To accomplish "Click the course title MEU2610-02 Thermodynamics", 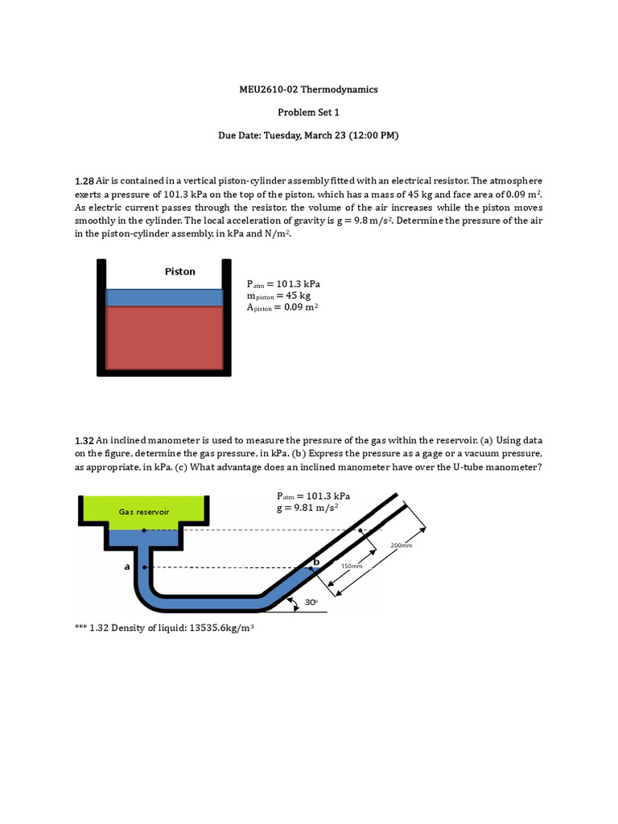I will tap(309, 89).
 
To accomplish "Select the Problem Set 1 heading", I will tap(309, 113).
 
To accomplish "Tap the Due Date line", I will tap(309, 136).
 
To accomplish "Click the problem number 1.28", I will tap(84, 182).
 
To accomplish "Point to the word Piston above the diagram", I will tap(179, 271).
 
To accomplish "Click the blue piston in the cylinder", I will tap(164, 297).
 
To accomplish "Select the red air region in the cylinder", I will tap(164, 336).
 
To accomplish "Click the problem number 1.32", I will tap(84, 441).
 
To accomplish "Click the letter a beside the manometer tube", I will tap(126, 566).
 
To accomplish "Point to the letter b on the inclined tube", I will tap(316, 561).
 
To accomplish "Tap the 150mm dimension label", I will tap(352, 566).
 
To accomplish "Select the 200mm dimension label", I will tap(402, 545).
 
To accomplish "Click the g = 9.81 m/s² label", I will tap(307, 508).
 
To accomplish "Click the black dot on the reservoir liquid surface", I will tap(144, 530).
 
